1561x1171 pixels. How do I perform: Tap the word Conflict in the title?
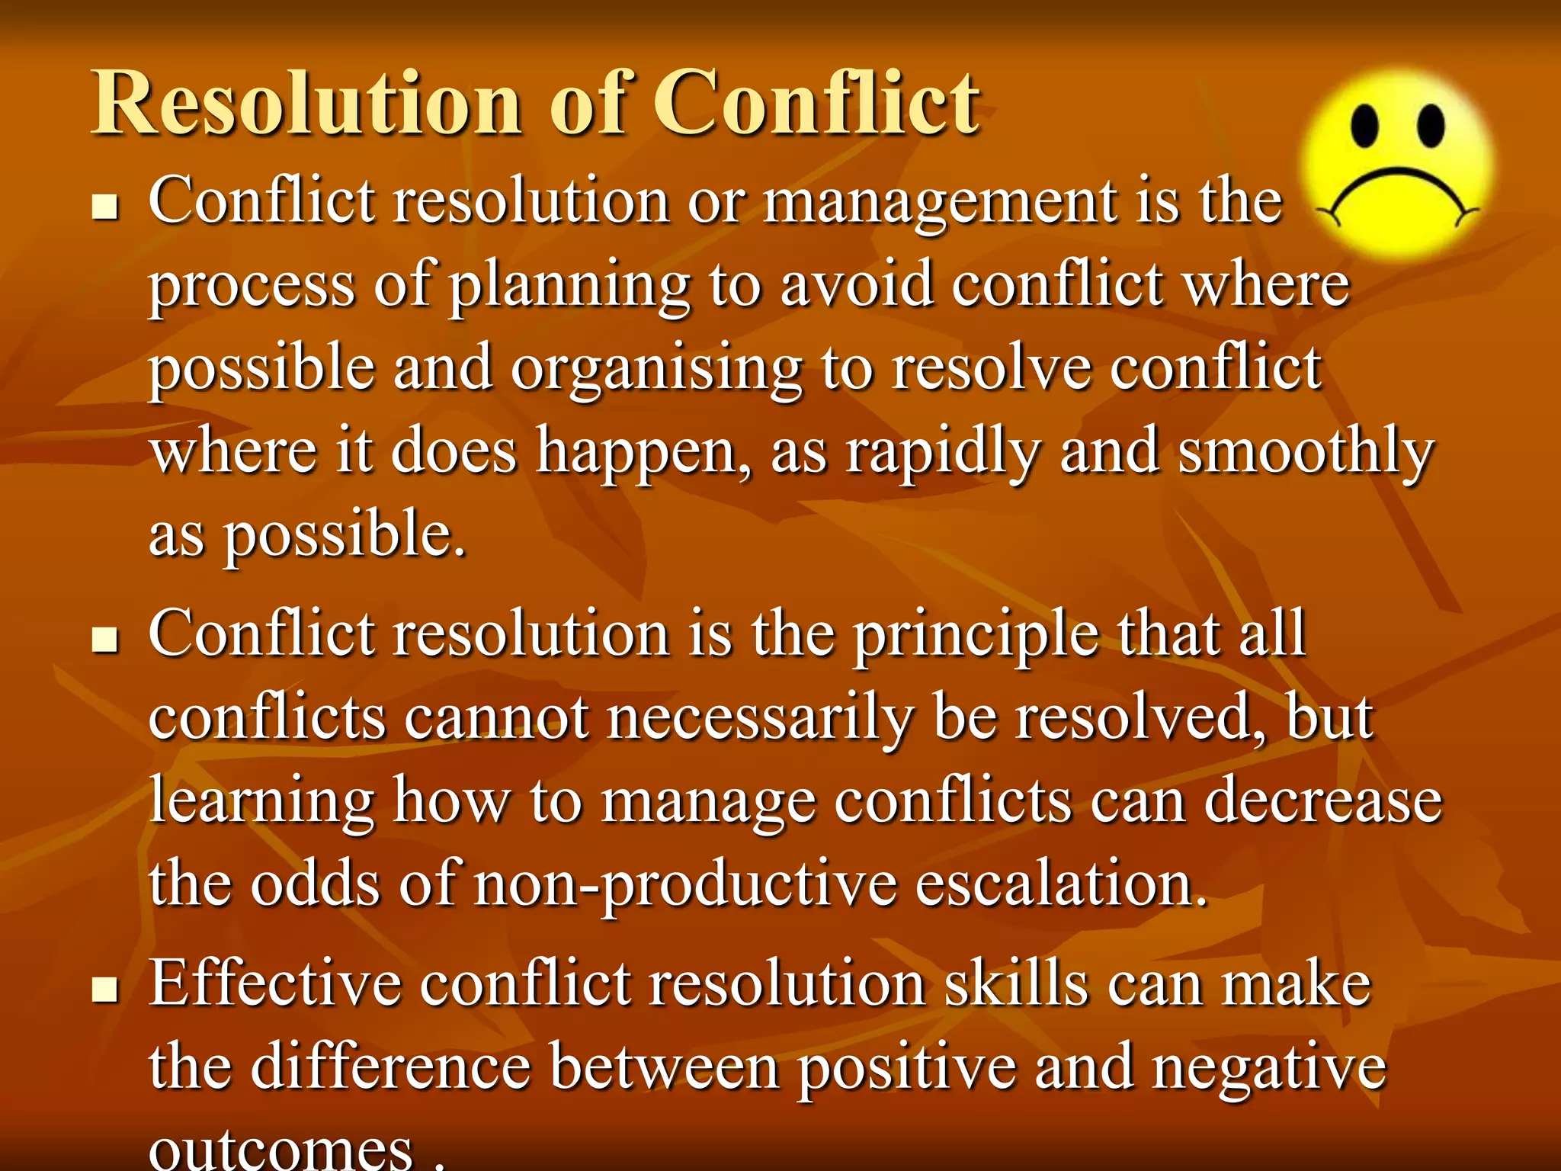(816, 104)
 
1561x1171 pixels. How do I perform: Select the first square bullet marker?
(104, 207)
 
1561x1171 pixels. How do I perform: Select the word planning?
(569, 287)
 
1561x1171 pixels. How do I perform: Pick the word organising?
(656, 371)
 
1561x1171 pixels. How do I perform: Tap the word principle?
(976, 637)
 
